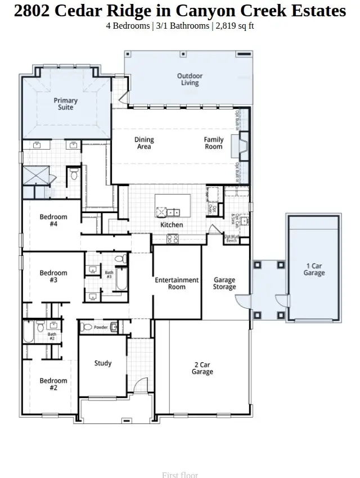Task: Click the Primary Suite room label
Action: [x=66, y=104]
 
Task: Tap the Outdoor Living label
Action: [x=190, y=79]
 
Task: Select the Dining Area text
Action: [x=144, y=143]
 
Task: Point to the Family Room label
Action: [x=214, y=143]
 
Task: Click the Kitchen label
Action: [x=172, y=225]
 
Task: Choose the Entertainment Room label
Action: [x=177, y=283]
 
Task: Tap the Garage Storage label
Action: [x=224, y=283]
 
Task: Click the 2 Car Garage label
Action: [x=202, y=368]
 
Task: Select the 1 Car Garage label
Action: [x=314, y=269]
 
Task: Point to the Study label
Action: [x=103, y=363]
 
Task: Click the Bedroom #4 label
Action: [x=53, y=220]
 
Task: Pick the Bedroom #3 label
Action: [x=53, y=277]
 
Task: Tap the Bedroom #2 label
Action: [x=53, y=384]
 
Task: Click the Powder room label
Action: [x=101, y=327]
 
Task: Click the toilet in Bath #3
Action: [x=120, y=259]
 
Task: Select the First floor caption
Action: [x=180, y=475]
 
